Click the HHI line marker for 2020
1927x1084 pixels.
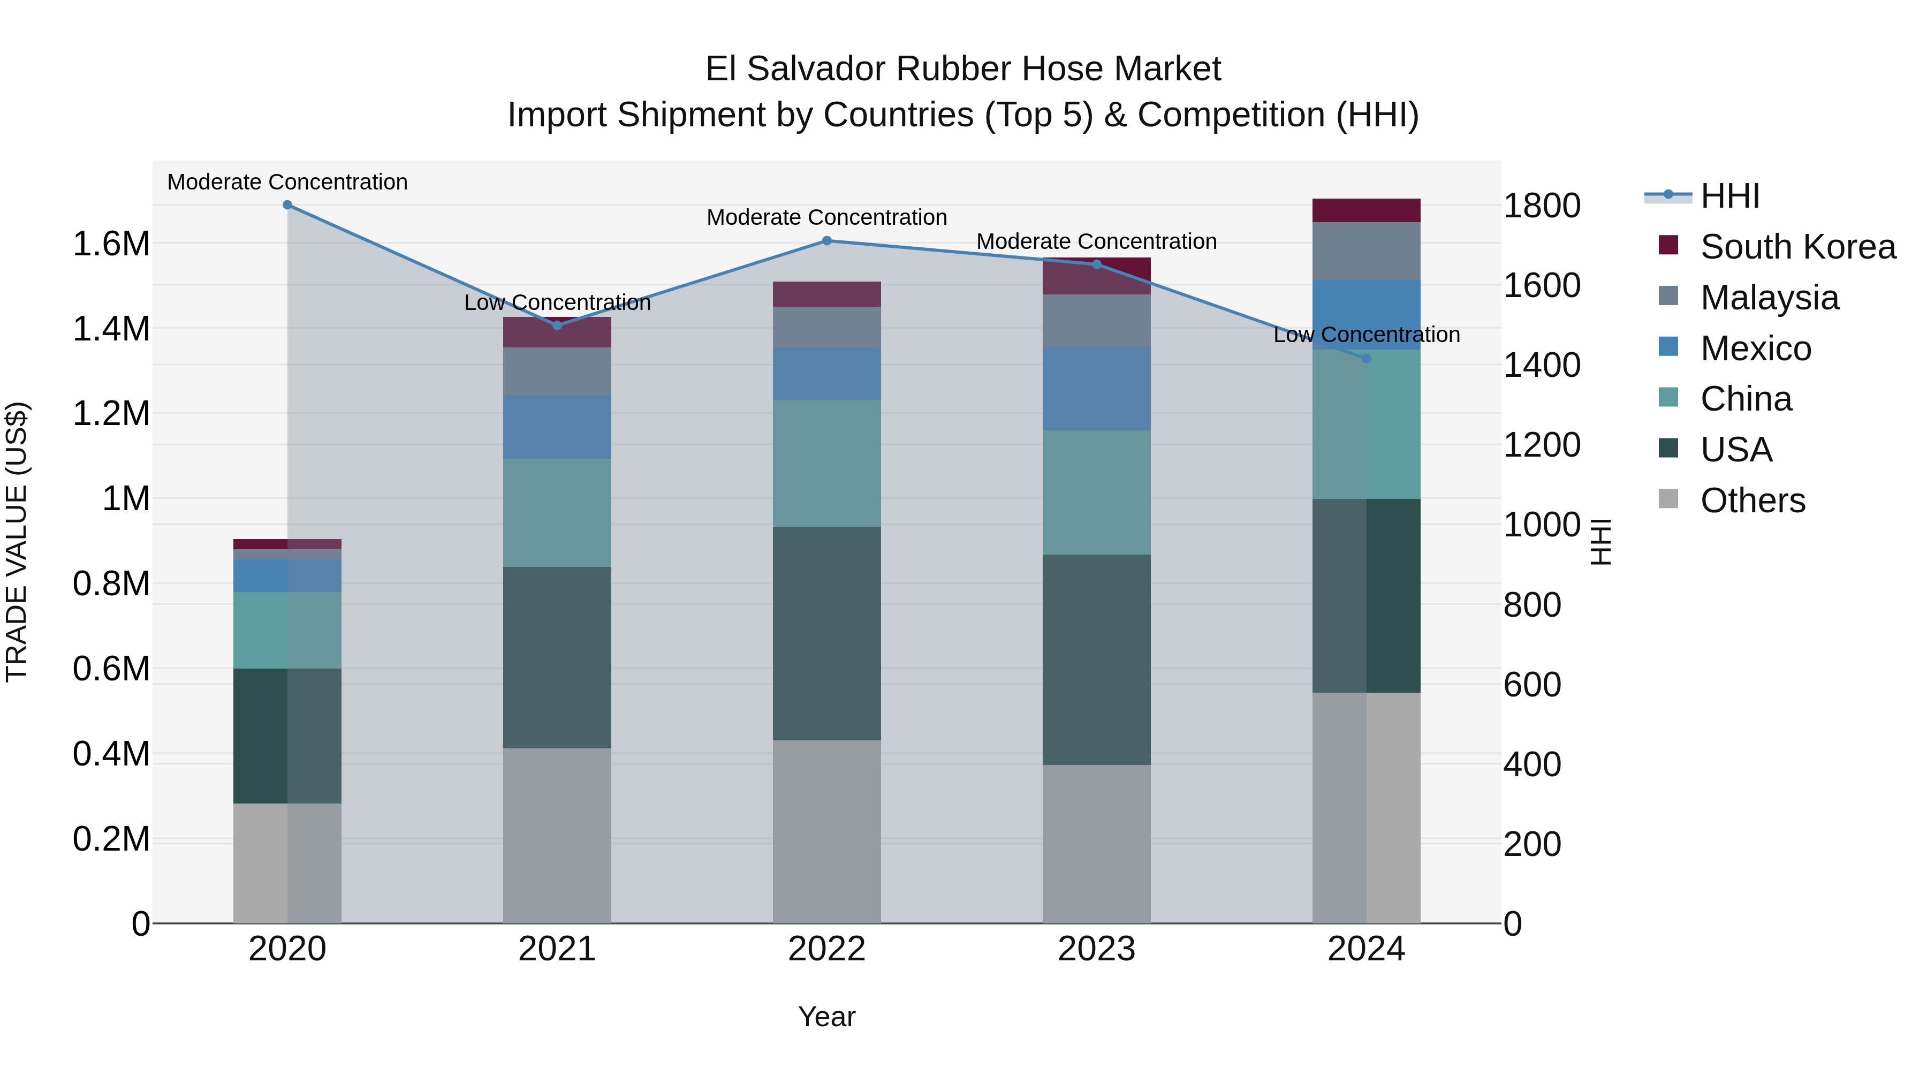[287, 205]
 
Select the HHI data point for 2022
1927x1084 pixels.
[826, 241]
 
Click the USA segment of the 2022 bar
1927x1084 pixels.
[826, 634]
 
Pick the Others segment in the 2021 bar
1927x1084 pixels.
[557, 836]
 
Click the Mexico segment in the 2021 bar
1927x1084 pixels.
[557, 427]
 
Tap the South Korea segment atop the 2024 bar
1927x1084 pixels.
[1366, 210]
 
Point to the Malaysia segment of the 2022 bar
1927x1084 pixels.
[826, 327]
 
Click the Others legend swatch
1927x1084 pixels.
[1668, 499]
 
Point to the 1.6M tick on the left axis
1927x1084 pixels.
[111, 244]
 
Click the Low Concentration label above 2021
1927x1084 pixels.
[557, 303]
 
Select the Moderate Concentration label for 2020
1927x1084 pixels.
[287, 182]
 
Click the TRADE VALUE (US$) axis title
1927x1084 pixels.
[17, 542]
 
